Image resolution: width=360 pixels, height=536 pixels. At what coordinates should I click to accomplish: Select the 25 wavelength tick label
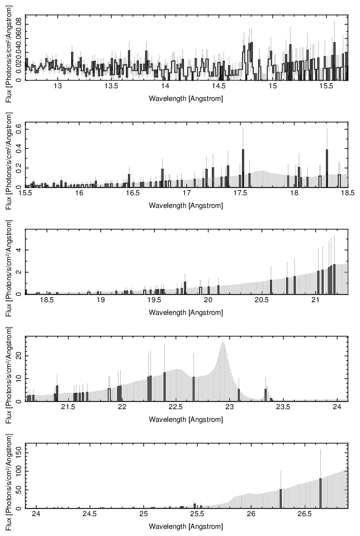pyautogui.click(x=144, y=515)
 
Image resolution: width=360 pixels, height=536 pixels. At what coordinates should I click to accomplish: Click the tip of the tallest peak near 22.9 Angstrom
pyautogui.click(x=223, y=342)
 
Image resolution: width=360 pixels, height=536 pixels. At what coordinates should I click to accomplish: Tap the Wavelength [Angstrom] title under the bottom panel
pyautogui.click(x=186, y=527)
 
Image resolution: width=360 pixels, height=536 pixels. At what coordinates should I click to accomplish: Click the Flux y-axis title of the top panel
pyautogui.click(x=6, y=49)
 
